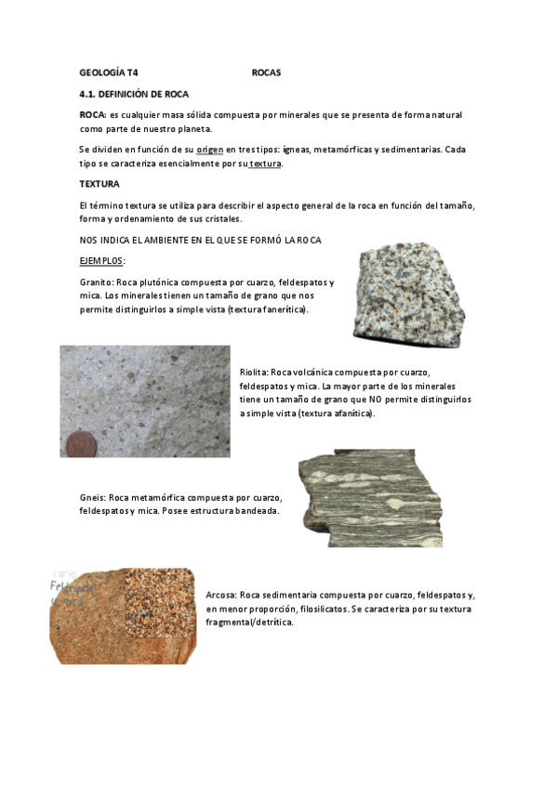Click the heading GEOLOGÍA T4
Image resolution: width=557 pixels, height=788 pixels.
click(x=108, y=72)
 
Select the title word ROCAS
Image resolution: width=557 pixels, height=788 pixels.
click(x=266, y=72)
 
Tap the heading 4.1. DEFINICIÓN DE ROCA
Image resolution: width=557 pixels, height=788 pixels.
click(x=134, y=94)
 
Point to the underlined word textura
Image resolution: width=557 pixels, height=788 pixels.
click(x=266, y=164)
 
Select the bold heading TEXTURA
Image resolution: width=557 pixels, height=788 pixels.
click(x=99, y=184)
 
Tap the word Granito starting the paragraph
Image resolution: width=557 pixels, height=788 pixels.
click(x=96, y=282)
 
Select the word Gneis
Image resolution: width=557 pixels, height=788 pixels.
click(x=92, y=497)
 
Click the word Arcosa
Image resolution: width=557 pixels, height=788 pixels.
click(x=220, y=595)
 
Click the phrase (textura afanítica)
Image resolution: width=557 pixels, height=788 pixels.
click(x=336, y=413)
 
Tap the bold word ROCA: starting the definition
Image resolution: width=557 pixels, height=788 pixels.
click(x=93, y=114)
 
